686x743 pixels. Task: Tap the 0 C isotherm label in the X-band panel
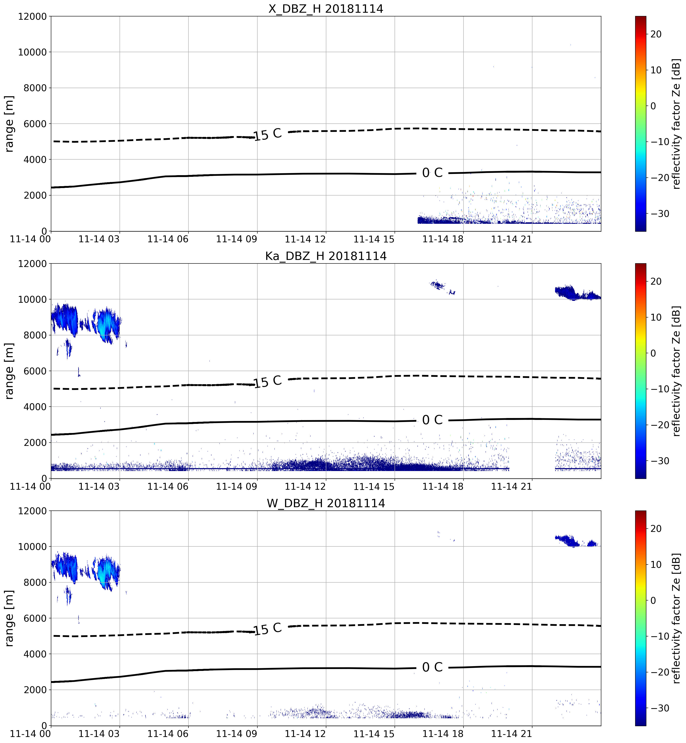(x=433, y=173)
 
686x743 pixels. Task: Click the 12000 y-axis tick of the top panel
(x=32, y=17)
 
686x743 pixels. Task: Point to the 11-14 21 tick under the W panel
(x=511, y=734)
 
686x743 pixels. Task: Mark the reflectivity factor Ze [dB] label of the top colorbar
(x=676, y=124)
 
